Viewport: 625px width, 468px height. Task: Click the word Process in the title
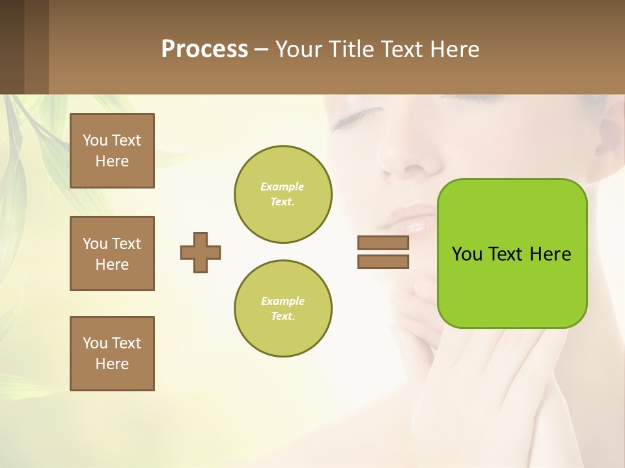204,49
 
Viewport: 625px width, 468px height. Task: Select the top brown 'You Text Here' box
112,151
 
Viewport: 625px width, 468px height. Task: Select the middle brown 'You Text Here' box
112,253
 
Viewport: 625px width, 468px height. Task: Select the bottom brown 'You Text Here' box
112,354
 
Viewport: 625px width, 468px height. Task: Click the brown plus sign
201,252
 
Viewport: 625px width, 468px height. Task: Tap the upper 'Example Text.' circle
283,194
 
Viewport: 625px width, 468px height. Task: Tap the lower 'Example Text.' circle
283,309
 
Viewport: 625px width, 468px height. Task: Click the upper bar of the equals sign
383,243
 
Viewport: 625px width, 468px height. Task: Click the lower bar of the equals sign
383,261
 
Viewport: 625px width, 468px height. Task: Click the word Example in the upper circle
283,187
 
